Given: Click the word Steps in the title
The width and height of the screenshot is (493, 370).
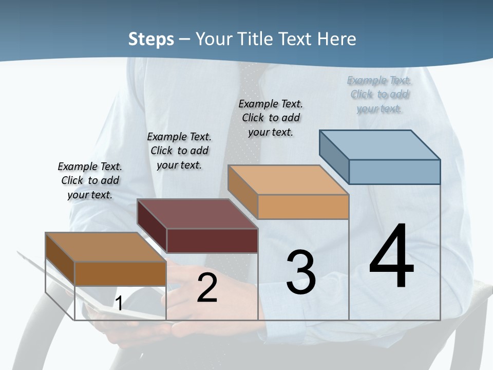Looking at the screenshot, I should click(x=151, y=39).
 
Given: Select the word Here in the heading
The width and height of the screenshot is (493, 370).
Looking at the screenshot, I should click(x=337, y=39).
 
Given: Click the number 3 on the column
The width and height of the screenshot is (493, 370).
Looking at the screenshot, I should click(x=301, y=272).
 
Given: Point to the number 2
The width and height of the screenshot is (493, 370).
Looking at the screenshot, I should click(x=207, y=288).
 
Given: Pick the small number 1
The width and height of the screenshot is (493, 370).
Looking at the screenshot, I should click(x=119, y=304).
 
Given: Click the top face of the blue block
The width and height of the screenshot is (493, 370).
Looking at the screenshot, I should click(x=380, y=144).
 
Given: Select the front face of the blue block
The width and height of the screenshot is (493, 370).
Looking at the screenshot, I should click(x=394, y=172).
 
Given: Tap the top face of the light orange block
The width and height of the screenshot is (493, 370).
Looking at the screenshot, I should click(x=288, y=180).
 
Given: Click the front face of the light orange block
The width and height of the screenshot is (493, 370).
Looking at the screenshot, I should click(x=303, y=207).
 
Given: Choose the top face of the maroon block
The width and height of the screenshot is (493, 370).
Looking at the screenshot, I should click(x=197, y=214).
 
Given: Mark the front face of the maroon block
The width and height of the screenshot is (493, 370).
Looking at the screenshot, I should click(x=212, y=240).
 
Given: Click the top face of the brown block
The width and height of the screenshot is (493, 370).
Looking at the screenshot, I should click(x=106, y=247).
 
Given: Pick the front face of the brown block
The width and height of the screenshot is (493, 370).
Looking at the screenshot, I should click(x=120, y=273).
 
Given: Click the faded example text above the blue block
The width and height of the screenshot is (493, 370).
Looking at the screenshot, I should click(x=379, y=95).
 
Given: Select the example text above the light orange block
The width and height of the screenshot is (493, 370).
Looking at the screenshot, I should click(x=271, y=118).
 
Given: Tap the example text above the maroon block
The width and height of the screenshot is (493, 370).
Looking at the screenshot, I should click(x=179, y=151).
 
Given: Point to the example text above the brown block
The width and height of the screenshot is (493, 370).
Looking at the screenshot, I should click(x=90, y=180).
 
